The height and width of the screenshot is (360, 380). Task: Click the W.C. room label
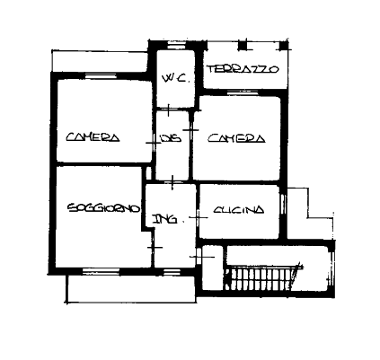point(176,79)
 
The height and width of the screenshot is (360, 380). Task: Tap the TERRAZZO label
point(243,69)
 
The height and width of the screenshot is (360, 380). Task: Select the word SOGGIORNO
point(104,208)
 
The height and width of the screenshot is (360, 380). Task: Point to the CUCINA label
point(239,210)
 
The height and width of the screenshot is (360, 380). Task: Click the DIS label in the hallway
point(171,138)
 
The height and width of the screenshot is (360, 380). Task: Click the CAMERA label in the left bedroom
point(93,137)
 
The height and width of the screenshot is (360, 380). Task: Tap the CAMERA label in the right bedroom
point(236,138)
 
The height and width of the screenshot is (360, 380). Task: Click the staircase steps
point(262,278)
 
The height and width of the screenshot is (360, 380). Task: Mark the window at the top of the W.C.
point(176,46)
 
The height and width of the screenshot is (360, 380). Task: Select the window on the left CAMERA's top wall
point(101,76)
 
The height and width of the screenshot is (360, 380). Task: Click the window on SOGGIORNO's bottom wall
point(101,271)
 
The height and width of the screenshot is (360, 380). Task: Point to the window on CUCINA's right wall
point(283,204)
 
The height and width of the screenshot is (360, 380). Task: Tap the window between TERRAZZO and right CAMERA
point(243,92)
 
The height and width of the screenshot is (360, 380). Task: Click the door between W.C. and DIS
point(168,110)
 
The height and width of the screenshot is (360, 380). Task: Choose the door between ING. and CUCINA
point(198,217)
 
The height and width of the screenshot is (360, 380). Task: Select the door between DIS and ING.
point(172,182)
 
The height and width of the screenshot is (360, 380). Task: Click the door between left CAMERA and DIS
point(154,143)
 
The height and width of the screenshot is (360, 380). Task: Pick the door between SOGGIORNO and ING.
point(153,247)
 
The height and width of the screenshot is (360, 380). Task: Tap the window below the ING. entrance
point(170,271)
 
